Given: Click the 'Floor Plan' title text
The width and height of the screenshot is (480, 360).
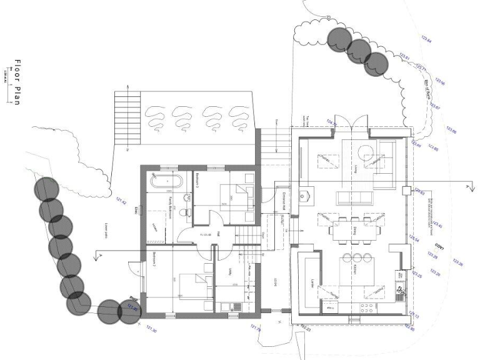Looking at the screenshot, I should coord(18,82).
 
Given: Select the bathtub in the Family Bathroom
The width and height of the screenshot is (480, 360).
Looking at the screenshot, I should coord(166,183).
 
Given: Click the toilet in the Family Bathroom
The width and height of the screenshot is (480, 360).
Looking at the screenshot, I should coord(182,212).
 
